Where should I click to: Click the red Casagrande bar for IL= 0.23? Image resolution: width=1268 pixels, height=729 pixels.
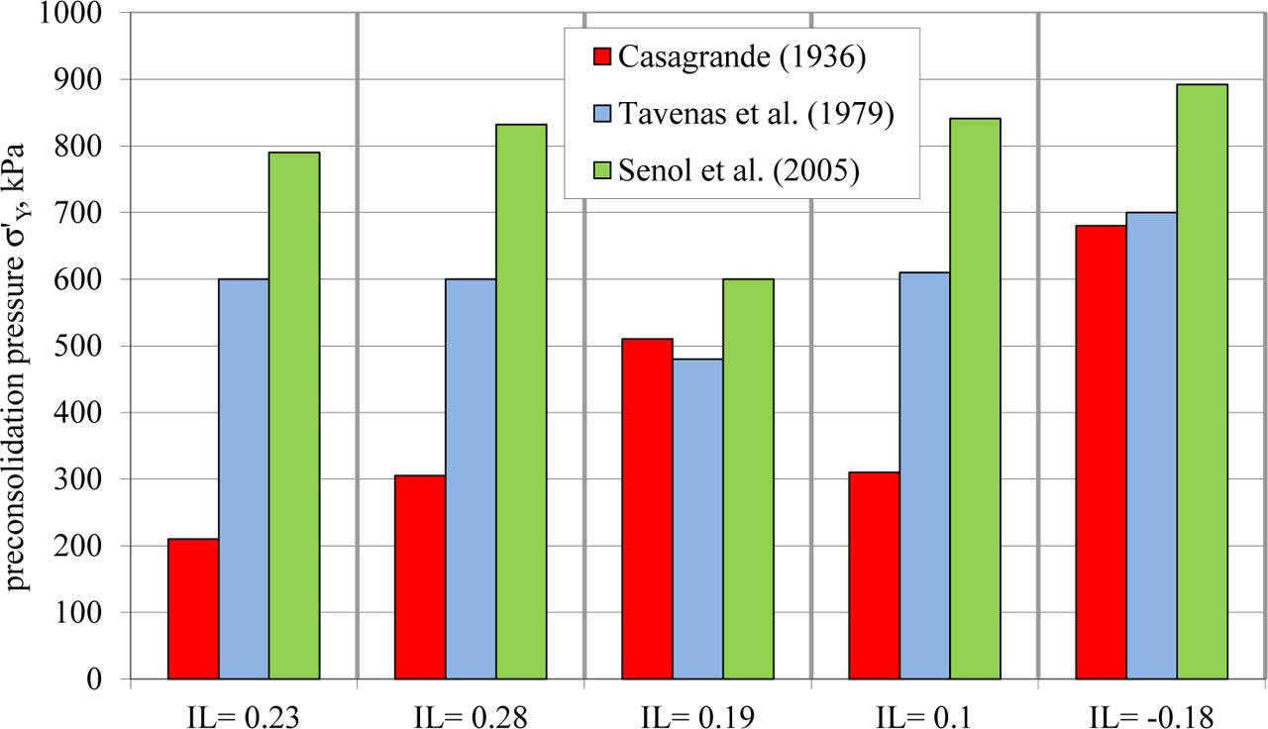(x=193, y=608)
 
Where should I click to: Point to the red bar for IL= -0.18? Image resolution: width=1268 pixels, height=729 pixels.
(x=1102, y=452)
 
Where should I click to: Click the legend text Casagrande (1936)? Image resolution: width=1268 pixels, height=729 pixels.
(x=742, y=56)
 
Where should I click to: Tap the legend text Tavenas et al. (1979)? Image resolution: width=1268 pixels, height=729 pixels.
(x=757, y=114)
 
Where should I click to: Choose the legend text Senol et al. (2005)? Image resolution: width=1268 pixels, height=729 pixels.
(x=738, y=171)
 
